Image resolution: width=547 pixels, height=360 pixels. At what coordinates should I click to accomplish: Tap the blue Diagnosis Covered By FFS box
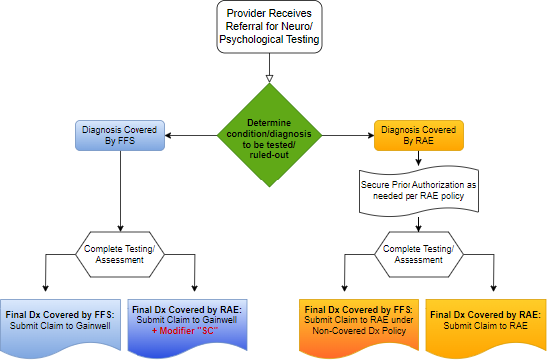coord(121,133)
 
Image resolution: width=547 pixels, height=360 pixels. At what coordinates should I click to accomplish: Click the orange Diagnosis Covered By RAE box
coord(419,133)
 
